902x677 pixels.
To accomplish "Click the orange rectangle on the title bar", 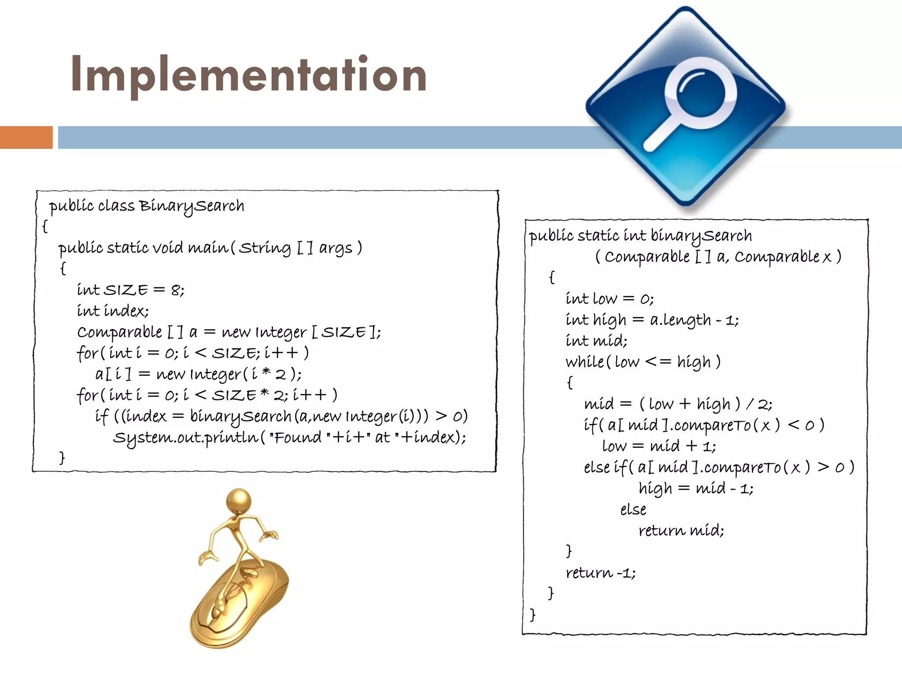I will click(x=26, y=138).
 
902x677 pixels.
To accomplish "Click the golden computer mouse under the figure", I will click(x=240, y=604).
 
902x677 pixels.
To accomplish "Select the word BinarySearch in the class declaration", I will click(x=192, y=206).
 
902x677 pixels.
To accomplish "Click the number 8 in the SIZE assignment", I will click(x=176, y=290).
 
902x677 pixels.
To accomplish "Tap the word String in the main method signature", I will click(x=265, y=248).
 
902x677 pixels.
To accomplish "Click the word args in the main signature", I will click(x=336, y=248).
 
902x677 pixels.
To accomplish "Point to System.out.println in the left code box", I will click(x=185, y=438).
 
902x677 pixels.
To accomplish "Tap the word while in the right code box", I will click(x=585, y=362).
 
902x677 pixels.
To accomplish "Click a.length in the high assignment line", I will click(x=680, y=320).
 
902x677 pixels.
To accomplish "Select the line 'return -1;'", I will click(x=601, y=573).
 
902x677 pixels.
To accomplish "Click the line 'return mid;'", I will click(x=681, y=530).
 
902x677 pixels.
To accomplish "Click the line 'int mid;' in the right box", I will click(x=596, y=341).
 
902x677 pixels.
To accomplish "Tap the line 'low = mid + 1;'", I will click(x=659, y=446).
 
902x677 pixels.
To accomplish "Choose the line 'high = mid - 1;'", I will click(x=696, y=488).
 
